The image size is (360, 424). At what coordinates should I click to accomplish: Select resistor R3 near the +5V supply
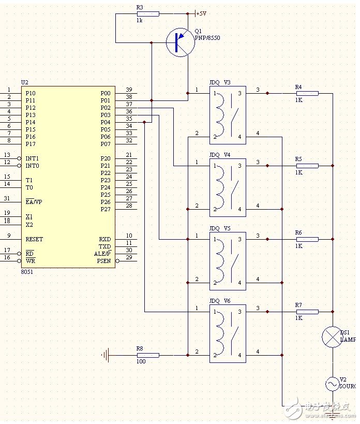(148, 13)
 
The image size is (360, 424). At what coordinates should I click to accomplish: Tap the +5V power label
(201, 13)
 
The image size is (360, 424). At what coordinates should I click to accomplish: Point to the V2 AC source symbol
(332, 384)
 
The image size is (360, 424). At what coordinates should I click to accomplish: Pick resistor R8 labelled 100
(148, 355)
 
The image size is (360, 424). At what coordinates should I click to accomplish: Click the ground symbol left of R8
(106, 355)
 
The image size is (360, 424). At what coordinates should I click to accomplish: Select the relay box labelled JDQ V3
(228, 115)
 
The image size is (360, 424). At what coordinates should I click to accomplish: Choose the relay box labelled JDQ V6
(228, 333)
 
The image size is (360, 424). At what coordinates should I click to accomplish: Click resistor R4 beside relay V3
(307, 93)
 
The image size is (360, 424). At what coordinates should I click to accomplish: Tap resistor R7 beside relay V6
(307, 312)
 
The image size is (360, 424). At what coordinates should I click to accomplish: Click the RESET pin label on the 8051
(34, 239)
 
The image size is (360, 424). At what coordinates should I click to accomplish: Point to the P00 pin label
(106, 93)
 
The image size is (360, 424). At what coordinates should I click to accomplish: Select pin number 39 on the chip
(129, 90)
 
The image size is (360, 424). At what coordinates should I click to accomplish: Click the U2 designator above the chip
(25, 82)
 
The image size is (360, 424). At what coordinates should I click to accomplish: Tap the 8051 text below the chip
(27, 272)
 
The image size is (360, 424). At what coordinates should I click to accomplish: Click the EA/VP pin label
(34, 202)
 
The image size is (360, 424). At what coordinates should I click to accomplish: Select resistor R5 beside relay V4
(307, 166)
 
